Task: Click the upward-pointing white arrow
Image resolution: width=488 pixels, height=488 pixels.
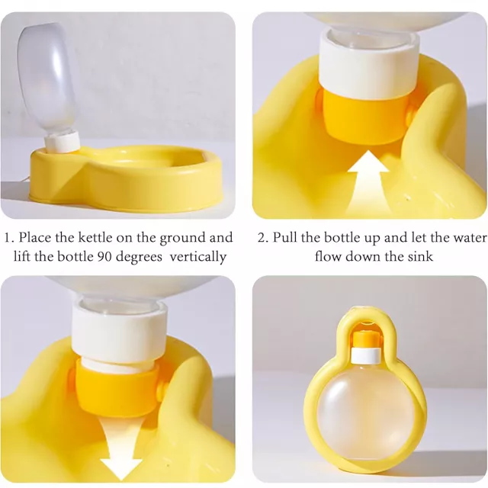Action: point(368,184)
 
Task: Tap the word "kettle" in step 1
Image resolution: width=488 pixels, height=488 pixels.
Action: point(95,237)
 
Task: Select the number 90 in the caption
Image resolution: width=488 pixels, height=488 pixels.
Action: point(104,257)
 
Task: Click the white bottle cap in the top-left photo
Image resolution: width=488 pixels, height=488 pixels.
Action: point(63,142)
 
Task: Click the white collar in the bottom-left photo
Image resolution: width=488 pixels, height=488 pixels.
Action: point(120,333)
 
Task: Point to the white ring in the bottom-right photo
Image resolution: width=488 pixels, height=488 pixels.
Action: point(366,355)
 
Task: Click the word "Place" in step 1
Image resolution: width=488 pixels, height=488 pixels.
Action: point(35,237)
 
